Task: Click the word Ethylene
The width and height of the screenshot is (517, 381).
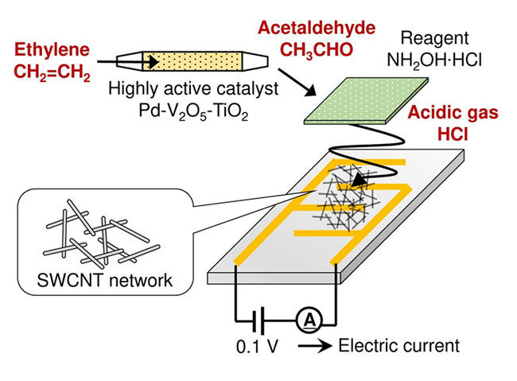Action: tap(52, 50)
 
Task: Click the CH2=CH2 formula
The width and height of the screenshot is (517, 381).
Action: tap(52, 72)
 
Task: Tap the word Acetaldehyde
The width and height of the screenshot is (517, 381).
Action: tap(317, 28)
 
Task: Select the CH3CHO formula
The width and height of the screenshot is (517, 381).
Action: tap(317, 50)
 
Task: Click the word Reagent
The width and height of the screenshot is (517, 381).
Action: tap(434, 39)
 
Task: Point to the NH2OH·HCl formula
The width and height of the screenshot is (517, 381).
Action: tap(434, 61)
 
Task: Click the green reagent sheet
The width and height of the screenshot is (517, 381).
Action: tap(366, 100)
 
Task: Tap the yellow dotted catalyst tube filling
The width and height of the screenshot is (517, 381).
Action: tap(192, 61)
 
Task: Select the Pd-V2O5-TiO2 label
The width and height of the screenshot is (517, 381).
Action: tap(193, 111)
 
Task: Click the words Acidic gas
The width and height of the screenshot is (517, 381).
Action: tap(453, 113)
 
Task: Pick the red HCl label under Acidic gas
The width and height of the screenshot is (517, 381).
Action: tap(453, 134)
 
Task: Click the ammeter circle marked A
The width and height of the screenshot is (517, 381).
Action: tap(309, 320)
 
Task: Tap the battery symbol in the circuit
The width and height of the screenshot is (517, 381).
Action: tap(258, 320)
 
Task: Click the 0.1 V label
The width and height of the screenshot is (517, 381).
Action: tap(258, 347)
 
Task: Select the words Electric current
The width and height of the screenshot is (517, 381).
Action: tap(399, 346)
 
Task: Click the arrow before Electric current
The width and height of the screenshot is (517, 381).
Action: tap(315, 346)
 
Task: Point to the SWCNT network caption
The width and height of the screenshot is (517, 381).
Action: tap(104, 281)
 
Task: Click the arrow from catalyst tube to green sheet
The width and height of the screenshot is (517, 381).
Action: tap(297, 82)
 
